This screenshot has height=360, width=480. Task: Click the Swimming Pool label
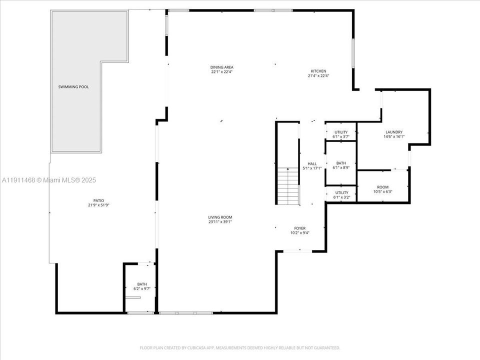point(72,87)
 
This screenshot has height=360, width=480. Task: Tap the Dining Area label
point(221,67)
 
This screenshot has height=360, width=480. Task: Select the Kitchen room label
point(318,71)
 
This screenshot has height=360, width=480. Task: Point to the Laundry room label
point(393,132)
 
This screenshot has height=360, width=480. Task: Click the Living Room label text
point(220,217)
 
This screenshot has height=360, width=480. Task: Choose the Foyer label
point(299,228)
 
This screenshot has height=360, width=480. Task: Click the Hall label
point(312,163)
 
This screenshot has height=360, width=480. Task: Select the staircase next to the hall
point(287,186)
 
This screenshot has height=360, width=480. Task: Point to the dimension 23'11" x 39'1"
point(220,222)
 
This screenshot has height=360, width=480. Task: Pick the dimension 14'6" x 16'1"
point(393,136)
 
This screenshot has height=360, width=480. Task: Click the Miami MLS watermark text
point(49,180)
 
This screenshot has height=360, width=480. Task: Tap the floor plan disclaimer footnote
point(240,347)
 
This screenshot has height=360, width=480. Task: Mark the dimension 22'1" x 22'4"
point(221,71)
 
